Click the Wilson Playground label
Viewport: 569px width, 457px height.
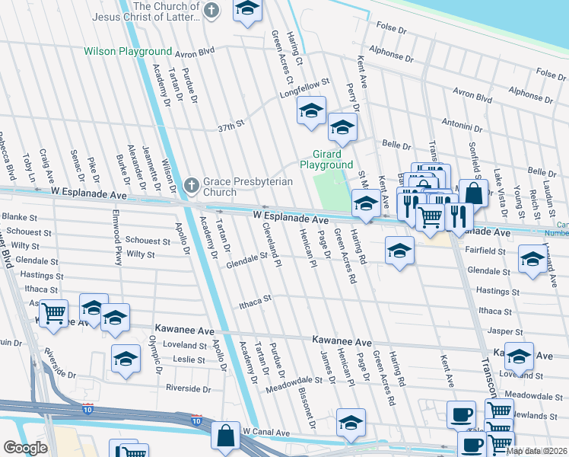pyautogui.click(x=128, y=52)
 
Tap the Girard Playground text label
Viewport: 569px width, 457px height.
pyautogui.click(x=326, y=159)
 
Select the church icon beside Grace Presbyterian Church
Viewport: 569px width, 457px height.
pyautogui.click(x=191, y=184)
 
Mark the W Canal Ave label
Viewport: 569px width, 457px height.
pyautogui.click(x=266, y=432)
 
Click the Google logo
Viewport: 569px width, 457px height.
pyautogui.click(x=25, y=448)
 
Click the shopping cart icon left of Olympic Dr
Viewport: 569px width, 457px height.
pyautogui.click(x=52, y=312)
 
